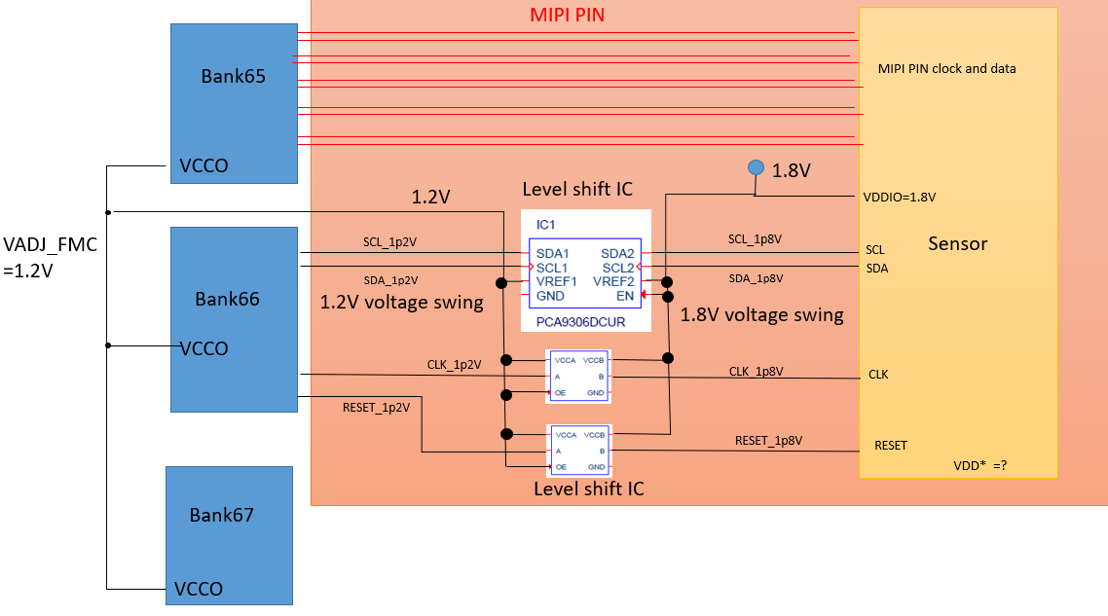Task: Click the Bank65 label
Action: click(234, 76)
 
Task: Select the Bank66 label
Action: click(227, 299)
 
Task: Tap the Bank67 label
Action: click(221, 515)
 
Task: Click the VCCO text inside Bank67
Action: click(201, 589)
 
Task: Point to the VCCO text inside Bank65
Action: click(203, 165)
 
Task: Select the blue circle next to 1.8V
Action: click(756, 167)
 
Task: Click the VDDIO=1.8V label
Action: click(899, 197)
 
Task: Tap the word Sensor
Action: click(957, 243)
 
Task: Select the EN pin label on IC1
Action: click(625, 295)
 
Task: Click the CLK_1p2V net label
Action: click(454, 365)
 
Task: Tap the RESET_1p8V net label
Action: click(768, 441)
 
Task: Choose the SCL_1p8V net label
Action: click(756, 239)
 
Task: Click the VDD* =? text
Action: click(979, 465)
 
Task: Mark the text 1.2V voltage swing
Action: click(401, 303)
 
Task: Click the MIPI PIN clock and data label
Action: click(946, 69)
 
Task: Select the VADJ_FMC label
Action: click(50, 245)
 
